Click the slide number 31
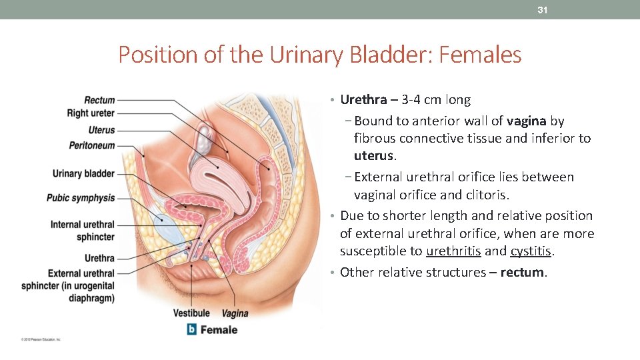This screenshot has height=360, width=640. [x=543, y=10]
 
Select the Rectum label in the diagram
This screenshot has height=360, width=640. [x=99, y=100]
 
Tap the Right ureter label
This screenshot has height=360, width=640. [x=91, y=113]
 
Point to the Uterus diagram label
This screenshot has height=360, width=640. [x=101, y=130]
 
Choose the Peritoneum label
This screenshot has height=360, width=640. [x=92, y=145]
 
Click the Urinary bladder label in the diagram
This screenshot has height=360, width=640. [x=83, y=174]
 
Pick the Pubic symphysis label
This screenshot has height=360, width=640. [x=81, y=198]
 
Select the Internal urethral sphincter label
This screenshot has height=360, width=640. [x=82, y=231]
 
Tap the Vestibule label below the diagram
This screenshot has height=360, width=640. [x=191, y=313]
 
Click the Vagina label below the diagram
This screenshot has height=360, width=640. [x=235, y=313]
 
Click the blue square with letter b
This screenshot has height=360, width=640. [x=192, y=329]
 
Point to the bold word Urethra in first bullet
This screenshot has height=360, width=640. [x=363, y=100]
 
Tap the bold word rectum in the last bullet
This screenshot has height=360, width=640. [x=523, y=273]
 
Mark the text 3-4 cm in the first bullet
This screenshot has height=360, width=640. [x=423, y=100]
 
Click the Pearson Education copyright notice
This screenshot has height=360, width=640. [x=41, y=339]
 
